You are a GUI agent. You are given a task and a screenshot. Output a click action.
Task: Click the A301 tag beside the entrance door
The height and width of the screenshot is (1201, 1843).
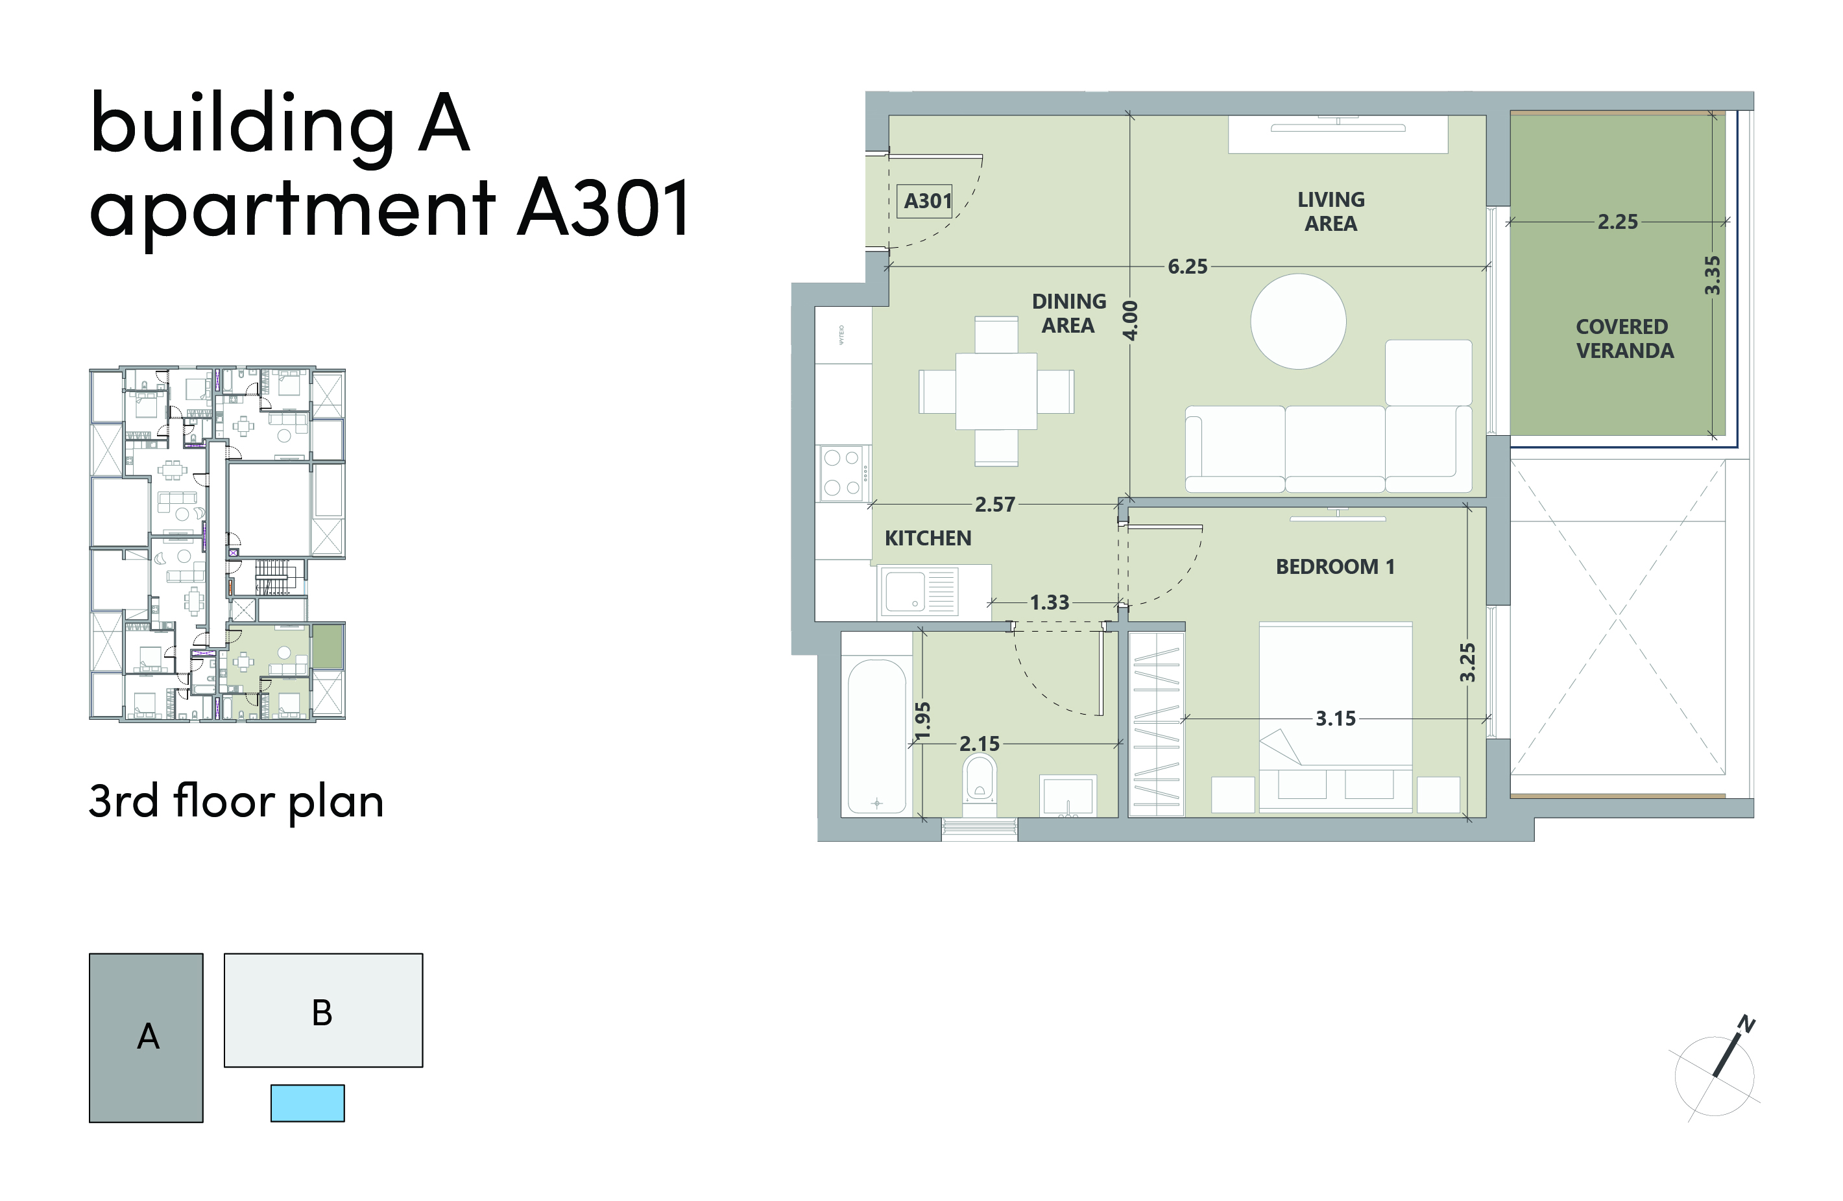927,201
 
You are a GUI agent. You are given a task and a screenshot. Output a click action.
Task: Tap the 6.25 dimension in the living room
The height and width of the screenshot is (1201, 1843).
1187,267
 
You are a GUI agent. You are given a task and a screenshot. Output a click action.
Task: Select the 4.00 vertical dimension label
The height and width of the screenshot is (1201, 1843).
1131,320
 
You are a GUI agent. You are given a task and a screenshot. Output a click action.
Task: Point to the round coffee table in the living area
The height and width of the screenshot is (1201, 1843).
1298,322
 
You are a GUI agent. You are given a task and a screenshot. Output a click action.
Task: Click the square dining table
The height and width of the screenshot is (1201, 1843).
996,391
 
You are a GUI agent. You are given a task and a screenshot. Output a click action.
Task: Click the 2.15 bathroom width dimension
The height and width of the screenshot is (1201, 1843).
980,744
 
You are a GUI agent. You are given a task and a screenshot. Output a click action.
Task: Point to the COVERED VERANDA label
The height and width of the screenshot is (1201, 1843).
1624,339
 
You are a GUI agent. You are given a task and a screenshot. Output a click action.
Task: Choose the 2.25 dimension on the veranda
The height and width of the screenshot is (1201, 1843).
1618,222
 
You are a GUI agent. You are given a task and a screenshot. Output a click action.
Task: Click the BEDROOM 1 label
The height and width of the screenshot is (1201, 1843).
1335,567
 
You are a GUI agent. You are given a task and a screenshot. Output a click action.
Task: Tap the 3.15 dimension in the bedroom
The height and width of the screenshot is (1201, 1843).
1336,719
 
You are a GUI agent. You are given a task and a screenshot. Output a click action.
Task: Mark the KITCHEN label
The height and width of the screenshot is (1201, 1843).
928,538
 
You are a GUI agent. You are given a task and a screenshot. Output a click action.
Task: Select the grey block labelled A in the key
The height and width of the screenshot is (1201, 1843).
147,1038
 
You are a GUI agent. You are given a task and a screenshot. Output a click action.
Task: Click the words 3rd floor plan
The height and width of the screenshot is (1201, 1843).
236,802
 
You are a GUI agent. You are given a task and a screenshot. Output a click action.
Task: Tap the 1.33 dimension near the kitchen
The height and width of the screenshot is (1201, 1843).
1049,602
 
